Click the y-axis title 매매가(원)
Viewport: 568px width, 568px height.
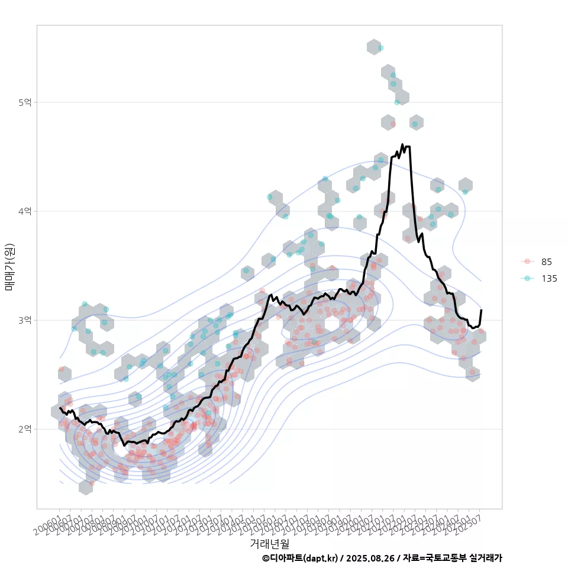[x=9, y=266]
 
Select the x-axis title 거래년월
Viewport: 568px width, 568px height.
[x=269, y=542]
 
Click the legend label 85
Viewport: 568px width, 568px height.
[x=547, y=262]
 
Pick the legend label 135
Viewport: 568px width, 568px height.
[x=549, y=279]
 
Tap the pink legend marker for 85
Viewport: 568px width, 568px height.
[x=528, y=262]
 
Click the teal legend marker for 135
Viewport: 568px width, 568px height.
[x=528, y=279]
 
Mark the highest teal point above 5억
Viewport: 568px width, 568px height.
[x=381, y=47]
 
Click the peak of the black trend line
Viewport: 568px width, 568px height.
[x=402, y=144]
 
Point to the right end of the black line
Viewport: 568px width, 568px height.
[x=481, y=310]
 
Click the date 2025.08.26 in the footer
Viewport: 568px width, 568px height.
[x=372, y=558]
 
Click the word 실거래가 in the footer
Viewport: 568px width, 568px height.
[x=485, y=558]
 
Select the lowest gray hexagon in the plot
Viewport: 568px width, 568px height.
[x=86, y=487]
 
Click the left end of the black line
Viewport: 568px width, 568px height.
[x=60, y=408]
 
